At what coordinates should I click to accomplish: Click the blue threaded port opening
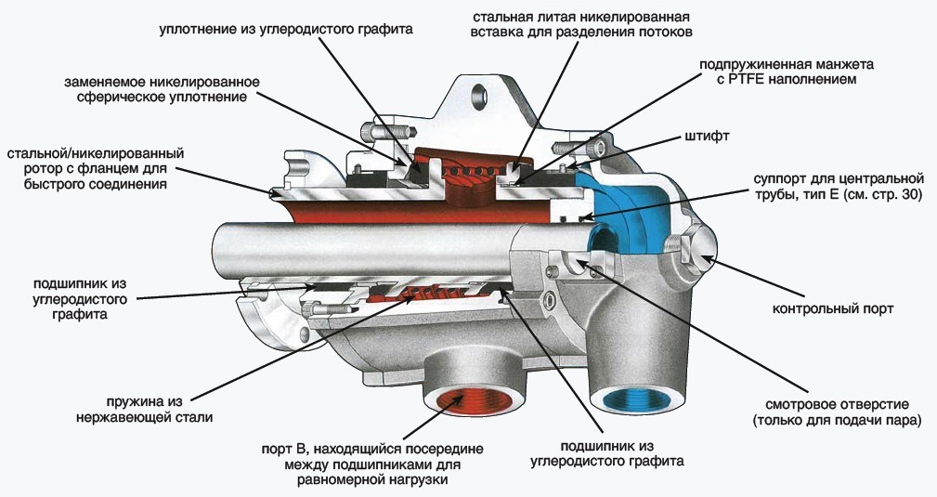(633, 402)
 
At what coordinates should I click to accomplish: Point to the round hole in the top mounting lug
(479, 95)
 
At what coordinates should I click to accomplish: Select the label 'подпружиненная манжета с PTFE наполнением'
(800, 72)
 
